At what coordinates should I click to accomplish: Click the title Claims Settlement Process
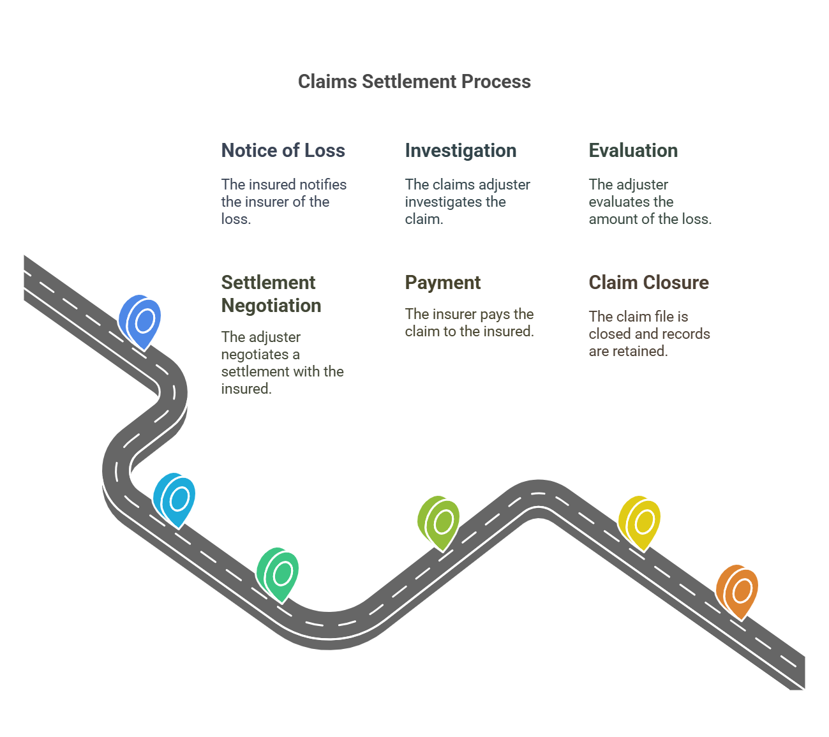pos(414,82)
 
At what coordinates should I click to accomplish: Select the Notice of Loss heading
pos(283,151)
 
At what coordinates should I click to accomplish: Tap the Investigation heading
pos(460,151)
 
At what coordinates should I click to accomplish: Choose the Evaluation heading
pos(633,151)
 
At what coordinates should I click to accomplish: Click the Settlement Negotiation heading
pos(271,294)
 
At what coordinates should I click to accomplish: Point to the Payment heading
pos(442,283)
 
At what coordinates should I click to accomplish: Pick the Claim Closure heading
pos(648,283)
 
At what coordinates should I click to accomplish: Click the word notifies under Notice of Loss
pos(323,185)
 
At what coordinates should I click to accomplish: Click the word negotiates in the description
pos(254,355)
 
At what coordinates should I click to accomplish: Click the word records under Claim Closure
pos(685,334)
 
